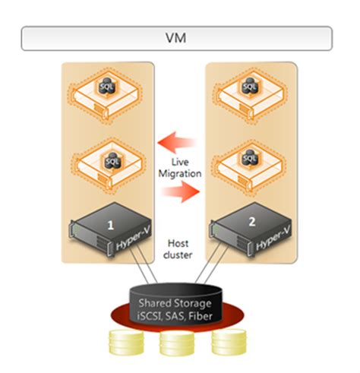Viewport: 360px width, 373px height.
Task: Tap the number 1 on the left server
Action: (x=110, y=225)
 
